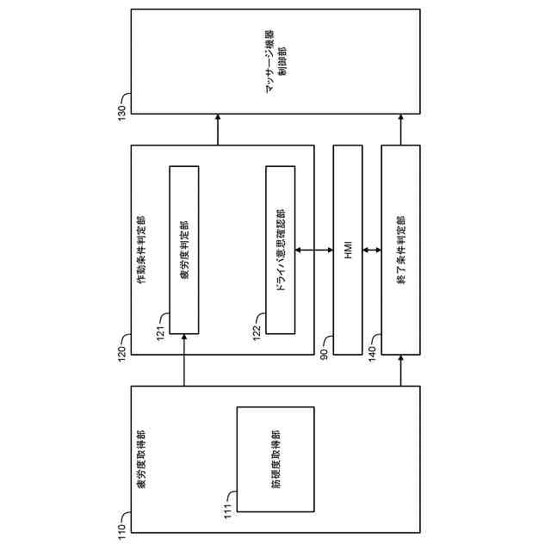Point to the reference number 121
(161, 331)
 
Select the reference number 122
(257, 331)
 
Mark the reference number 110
(121, 528)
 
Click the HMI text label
(348, 251)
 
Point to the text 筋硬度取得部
(275, 459)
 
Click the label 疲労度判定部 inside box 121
(184, 251)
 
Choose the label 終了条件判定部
(401, 251)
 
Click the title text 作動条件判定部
(141, 251)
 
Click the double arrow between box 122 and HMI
(313, 251)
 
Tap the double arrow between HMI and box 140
(372, 251)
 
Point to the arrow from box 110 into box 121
(184, 362)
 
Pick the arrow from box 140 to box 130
(401, 131)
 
